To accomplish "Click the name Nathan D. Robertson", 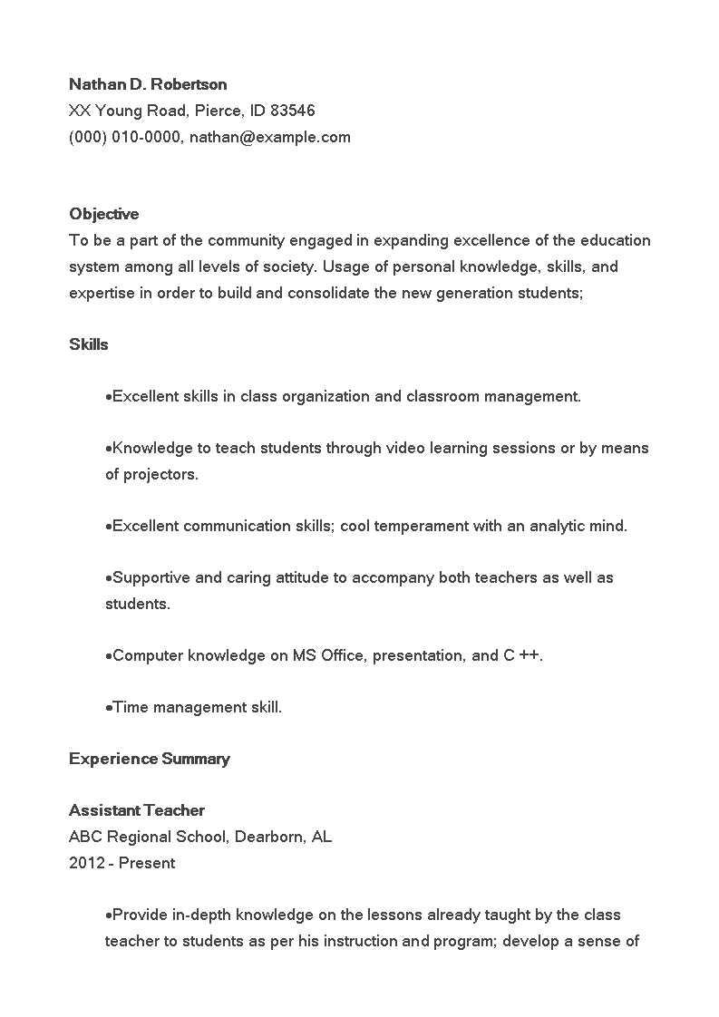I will pos(148,84).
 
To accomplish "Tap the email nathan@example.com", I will pos(269,137).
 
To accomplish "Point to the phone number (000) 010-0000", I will pos(125,137).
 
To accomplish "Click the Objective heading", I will pos(103,214).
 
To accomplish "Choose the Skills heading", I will pos(88,344).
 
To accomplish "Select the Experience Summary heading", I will pos(149,759).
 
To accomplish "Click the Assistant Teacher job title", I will pos(136,810).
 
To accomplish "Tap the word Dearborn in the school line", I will pos(268,837).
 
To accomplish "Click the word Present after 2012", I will pos(147,863).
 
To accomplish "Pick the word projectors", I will pos(160,474).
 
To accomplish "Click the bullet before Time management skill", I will pos(109,708).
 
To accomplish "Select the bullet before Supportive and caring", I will pos(109,578).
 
